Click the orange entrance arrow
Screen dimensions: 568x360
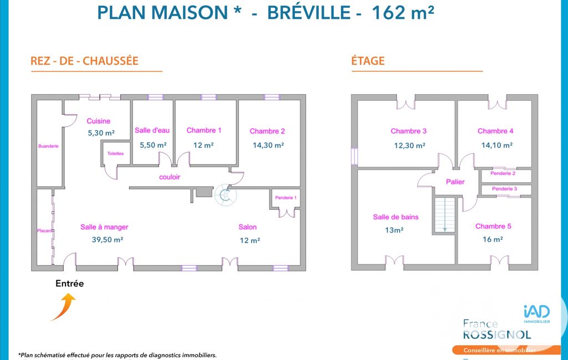64,306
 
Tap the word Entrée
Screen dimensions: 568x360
70,284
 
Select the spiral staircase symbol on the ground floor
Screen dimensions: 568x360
226,195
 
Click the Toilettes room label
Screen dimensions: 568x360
115,153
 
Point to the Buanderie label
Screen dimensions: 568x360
48,146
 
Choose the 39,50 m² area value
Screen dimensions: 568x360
108,240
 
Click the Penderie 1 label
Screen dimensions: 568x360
286,198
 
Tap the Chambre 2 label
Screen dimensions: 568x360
267,131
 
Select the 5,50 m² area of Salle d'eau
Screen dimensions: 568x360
153,145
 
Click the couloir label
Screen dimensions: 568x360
170,177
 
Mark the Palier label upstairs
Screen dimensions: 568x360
456,182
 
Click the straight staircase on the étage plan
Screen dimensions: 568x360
444,215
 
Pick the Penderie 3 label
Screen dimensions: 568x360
505,189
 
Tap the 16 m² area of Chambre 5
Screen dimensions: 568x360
493,239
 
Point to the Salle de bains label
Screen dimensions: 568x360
396,217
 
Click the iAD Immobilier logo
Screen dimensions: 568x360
537,314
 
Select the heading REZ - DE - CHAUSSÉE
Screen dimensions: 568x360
84,61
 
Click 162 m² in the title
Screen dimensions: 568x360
403,12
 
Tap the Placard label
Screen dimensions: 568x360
44,231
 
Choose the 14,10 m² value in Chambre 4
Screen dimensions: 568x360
497,145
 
